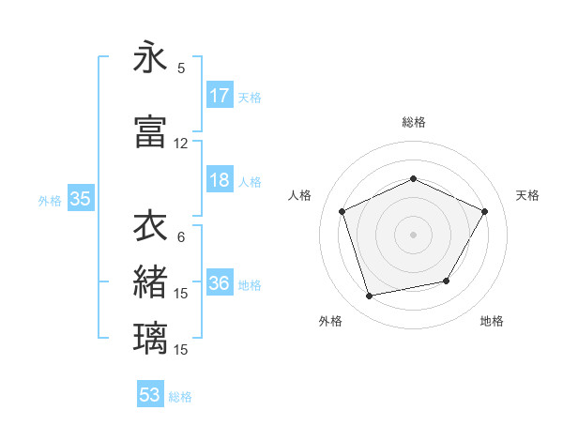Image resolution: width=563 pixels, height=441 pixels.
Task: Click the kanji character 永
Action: click(150, 58)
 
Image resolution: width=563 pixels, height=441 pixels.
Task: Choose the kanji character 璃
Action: click(150, 338)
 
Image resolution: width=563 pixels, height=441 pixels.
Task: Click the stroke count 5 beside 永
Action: click(181, 68)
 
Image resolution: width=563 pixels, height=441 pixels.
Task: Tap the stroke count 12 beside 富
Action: click(181, 144)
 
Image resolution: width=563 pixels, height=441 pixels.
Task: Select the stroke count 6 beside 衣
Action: click(181, 236)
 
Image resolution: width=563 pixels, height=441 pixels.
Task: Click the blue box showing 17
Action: click(220, 96)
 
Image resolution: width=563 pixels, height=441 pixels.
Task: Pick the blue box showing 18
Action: click(220, 181)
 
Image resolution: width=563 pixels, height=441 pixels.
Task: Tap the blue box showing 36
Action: click(220, 284)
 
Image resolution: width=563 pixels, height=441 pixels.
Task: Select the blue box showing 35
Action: click(80, 199)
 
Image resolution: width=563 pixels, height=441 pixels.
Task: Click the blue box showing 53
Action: click(150, 395)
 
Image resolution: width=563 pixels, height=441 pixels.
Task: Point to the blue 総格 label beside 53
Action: click(180, 396)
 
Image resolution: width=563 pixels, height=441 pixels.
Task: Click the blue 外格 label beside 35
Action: click(50, 200)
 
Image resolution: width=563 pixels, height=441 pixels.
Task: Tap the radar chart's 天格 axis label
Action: click(527, 195)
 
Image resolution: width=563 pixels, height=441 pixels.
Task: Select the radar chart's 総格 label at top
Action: click(413, 122)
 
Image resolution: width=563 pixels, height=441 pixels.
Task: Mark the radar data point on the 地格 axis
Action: click(447, 281)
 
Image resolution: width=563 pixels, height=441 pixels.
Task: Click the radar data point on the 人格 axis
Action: click(342, 211)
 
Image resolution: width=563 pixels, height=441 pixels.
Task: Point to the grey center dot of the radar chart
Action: click(413, 234)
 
